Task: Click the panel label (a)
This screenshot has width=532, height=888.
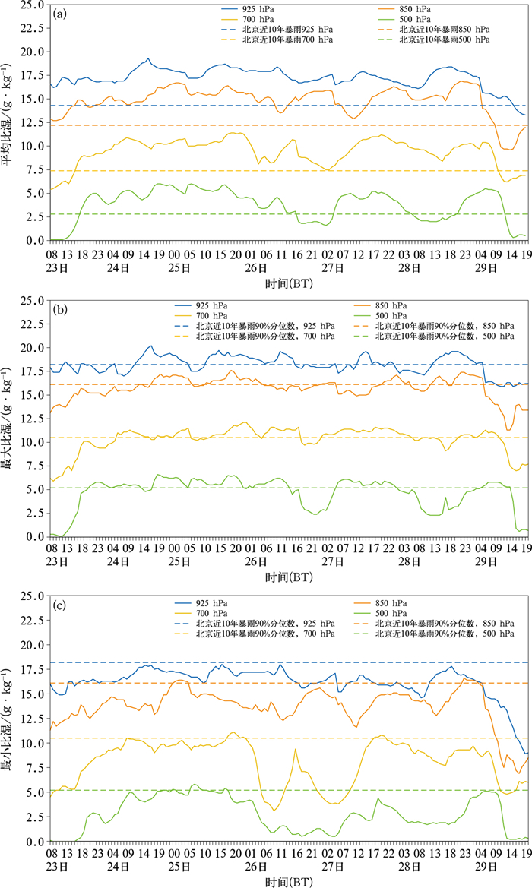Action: [x=60, y=14]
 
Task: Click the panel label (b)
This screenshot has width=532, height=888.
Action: [x=60, y=311]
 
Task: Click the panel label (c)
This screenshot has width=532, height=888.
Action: [x=60, y=606]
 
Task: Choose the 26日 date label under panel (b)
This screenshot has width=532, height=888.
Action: [x=256, y=562]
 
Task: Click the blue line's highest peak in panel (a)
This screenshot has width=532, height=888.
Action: [x=148, y=58]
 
